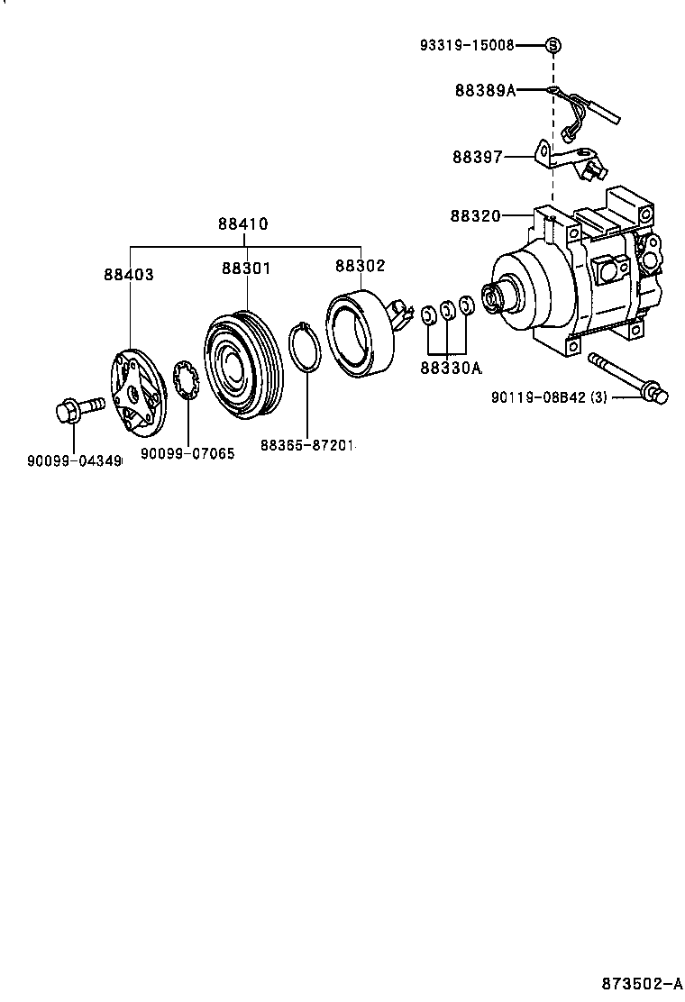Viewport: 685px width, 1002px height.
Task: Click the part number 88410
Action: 242,224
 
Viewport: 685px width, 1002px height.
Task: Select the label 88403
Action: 128,275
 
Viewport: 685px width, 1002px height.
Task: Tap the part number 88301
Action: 246,268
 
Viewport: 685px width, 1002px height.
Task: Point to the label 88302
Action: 360,266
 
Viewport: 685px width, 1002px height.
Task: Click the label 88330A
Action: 451,368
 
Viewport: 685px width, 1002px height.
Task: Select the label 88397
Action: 478,157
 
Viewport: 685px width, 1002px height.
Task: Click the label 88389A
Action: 485,90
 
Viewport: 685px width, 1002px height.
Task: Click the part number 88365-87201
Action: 308,445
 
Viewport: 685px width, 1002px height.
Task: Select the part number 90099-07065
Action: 187,454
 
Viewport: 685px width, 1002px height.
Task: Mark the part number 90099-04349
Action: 74,461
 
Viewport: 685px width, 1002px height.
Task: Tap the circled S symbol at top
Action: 553,44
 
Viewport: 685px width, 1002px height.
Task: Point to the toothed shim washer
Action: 187,382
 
